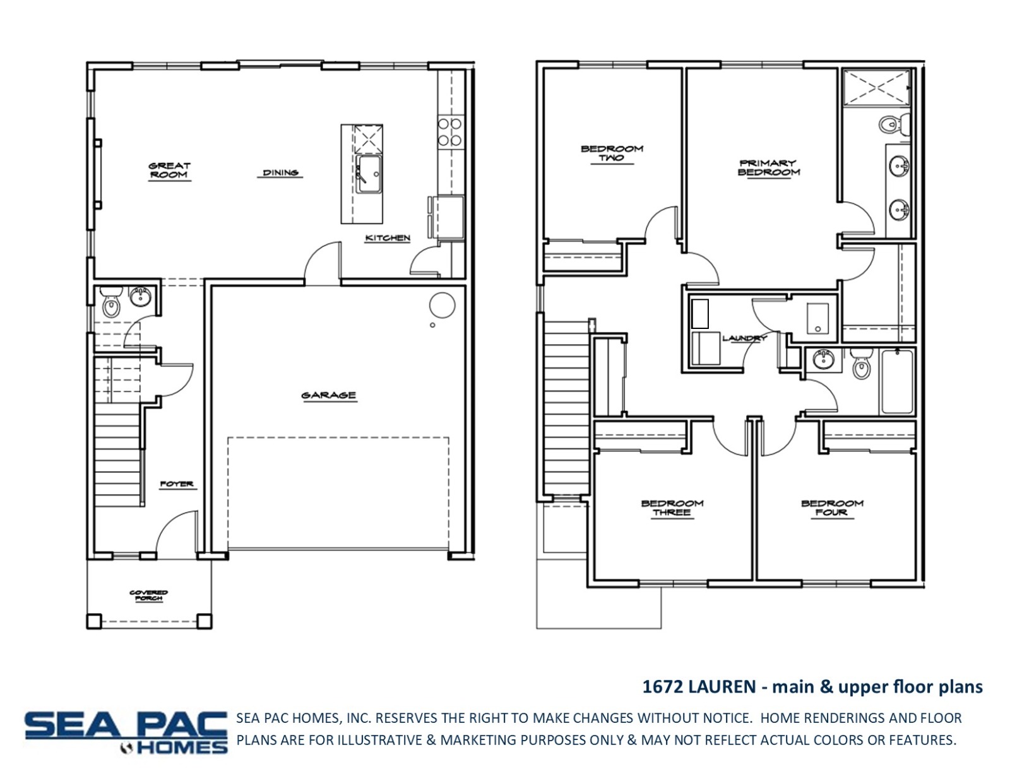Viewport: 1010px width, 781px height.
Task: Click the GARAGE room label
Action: tap(329, 396)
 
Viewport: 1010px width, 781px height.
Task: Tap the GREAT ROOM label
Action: tap(170, 170)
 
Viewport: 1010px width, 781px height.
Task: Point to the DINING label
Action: tap(280, 173)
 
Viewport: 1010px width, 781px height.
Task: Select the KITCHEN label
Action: tap(388, 238)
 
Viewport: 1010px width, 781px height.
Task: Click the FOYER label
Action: tap(177, 484)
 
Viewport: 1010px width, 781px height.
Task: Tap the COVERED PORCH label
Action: tap(149, 595)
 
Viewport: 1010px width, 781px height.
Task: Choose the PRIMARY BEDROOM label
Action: tap(769, 168)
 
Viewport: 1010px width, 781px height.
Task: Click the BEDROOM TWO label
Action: tap(612, 153)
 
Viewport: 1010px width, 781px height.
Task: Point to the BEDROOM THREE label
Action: tap(672, 508)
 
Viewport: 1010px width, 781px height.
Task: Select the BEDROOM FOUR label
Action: tap(832, 508)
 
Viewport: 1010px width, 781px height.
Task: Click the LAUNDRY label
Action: tap(744, 338)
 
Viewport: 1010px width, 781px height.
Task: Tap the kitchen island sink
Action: tap(369, 174)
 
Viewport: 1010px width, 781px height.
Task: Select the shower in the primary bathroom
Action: tap(877, 88)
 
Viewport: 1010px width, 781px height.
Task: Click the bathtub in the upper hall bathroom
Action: tap(896, 382)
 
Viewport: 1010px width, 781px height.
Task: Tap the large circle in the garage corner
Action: tap(442, 306)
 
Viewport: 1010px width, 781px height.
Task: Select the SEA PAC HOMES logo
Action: tap(126, 732)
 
